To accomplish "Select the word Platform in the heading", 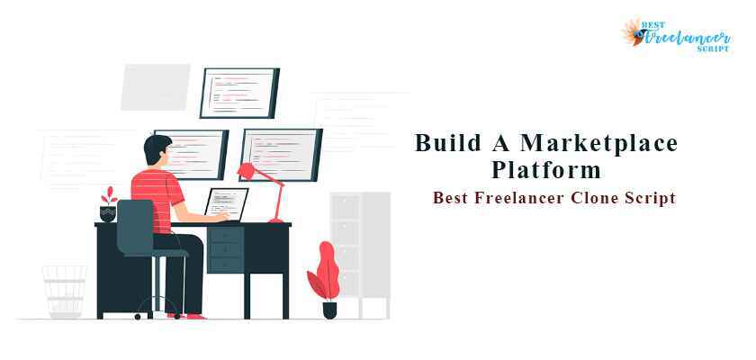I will (x=546, y=169).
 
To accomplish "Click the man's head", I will (x=158, y=150).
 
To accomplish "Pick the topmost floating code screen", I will (x=238, y=92).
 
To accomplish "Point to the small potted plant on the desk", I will (x=108, y=205).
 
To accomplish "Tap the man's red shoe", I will (x=193, y=315).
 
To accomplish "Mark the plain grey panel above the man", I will (x=155, y=86).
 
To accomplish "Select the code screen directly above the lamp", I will (x=282, y=150).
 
